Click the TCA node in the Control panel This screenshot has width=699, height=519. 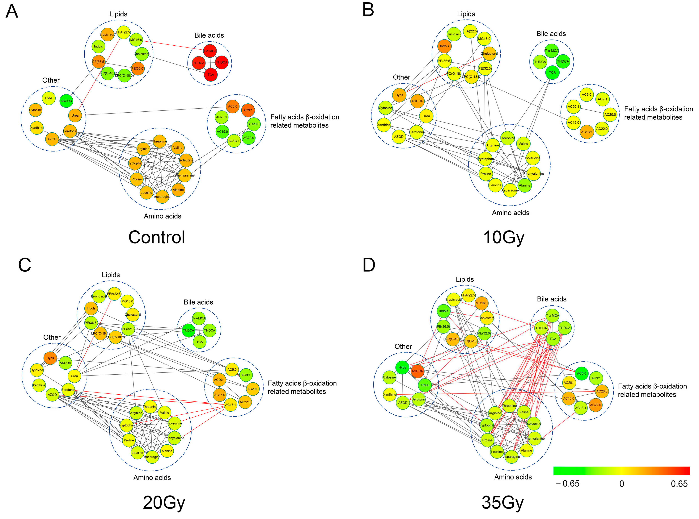coord(210,75)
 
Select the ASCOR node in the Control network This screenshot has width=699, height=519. coord(66,101)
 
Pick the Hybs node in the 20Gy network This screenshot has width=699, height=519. coord(50,358)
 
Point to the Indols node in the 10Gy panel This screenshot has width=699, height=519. coord(444,46)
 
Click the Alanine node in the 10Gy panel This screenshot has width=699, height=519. coord(524,185)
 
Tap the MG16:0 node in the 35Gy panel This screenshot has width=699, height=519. coord(481,303)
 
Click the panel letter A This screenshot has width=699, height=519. coord(12,12)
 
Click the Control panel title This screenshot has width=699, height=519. coord(157,237)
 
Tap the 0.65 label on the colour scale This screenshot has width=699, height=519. coord(679,484)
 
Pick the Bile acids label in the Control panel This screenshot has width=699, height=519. coord(209,35)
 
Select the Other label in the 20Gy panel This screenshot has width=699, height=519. coord(52,337)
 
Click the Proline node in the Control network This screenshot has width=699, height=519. coord(137,179)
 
